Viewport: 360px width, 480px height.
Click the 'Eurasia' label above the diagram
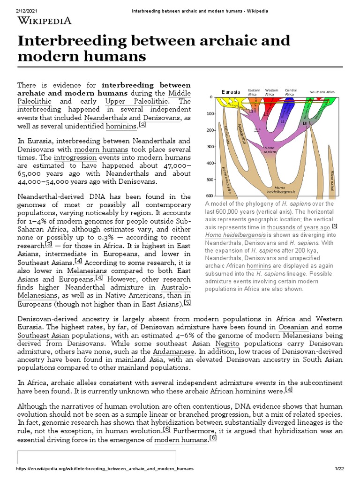(231, 92)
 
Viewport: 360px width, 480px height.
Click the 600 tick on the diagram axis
(210, 196)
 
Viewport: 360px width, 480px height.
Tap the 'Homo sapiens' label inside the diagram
(270, 150)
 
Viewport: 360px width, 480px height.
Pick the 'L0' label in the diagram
(305, 124)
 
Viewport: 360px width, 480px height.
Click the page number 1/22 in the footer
(339, 469)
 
